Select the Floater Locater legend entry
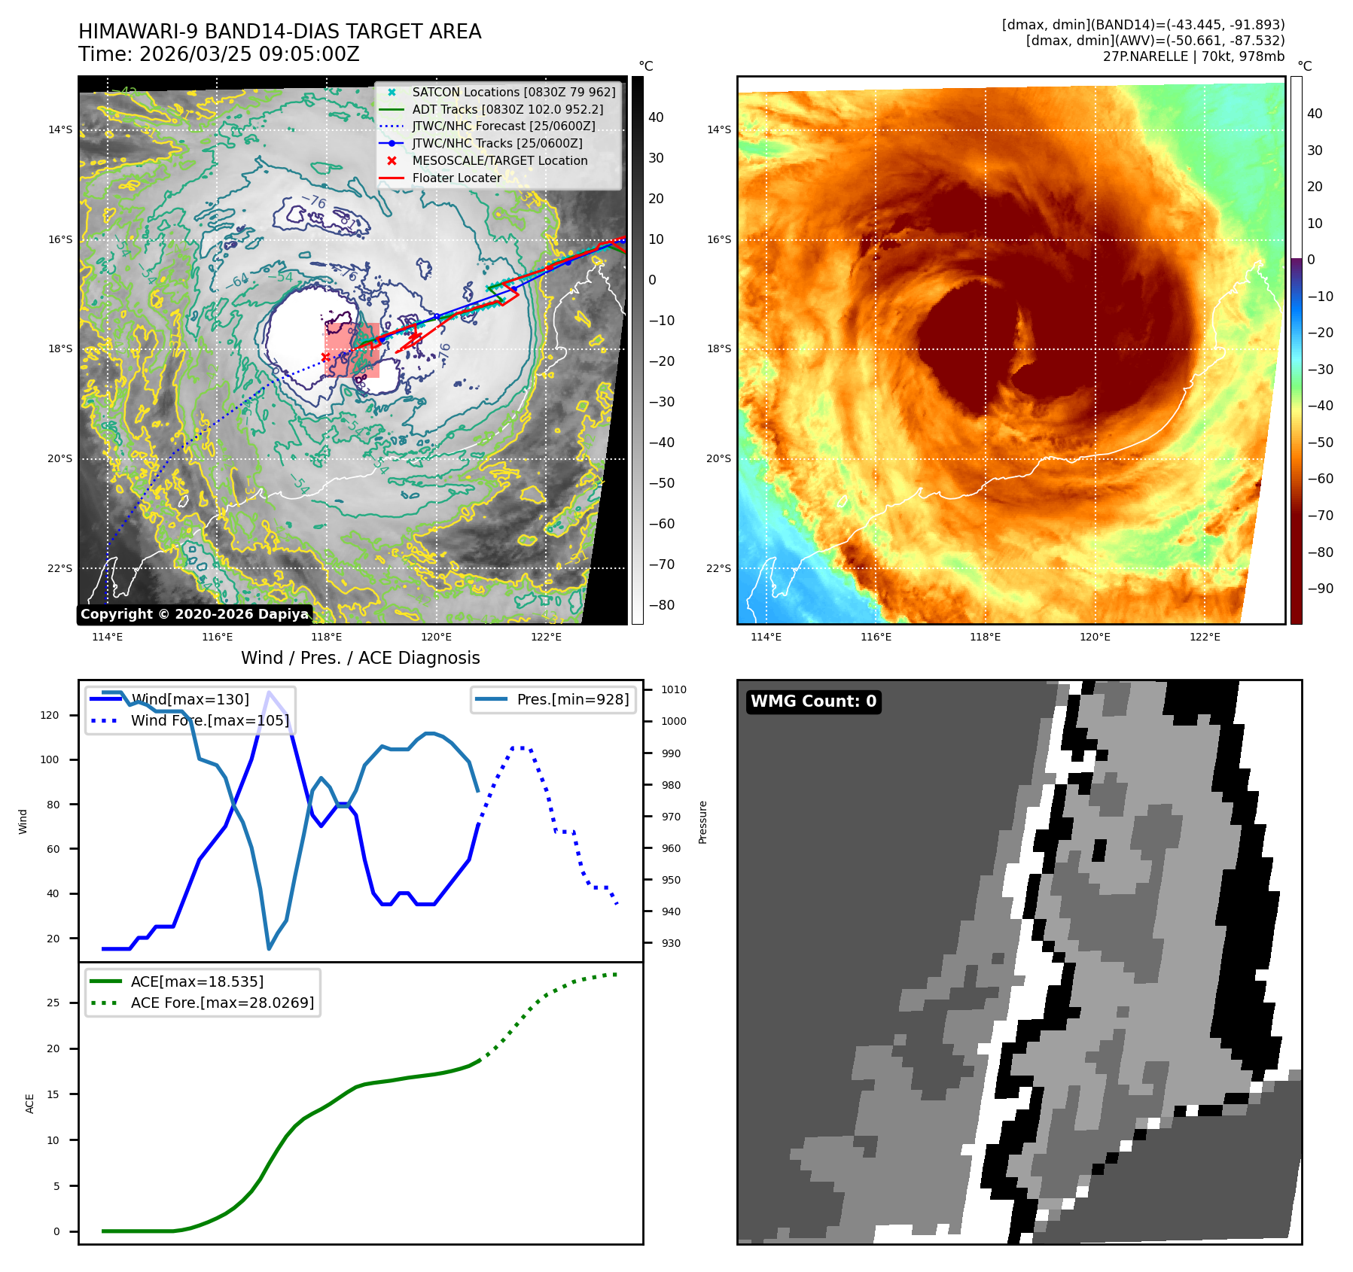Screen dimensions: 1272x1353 tap(456, 178)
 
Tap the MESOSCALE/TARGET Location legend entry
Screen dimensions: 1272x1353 tap(499, 160)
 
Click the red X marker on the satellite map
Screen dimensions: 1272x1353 tap(325, 358)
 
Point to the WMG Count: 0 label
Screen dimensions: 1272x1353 tap(813, 701)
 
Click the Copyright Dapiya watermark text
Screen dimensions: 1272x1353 tap(194, 614)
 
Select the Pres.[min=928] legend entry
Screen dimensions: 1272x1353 tap(572, 699)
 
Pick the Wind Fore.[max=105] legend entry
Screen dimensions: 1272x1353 tap(209, 720)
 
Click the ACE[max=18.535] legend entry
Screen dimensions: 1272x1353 tap(197, 981)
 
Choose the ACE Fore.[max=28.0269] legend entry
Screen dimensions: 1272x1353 tap(222, 1003)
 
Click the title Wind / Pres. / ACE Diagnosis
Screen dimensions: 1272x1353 tap(360, 658)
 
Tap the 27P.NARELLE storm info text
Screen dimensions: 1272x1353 tap(1193, 56)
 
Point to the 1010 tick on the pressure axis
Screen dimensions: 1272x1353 tap(673, 689)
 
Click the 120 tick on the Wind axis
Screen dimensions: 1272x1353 tap(50, 715)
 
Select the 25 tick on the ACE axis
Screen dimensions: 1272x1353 tap(53, 1003)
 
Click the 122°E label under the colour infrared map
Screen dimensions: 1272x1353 tap(1205, 637)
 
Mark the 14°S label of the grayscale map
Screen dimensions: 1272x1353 tap(60, 129)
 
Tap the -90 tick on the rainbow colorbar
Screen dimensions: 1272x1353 tap(1320, 589)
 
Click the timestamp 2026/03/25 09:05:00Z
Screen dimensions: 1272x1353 tap(249, 55)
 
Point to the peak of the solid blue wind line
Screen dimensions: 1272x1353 tap(269, 692)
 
